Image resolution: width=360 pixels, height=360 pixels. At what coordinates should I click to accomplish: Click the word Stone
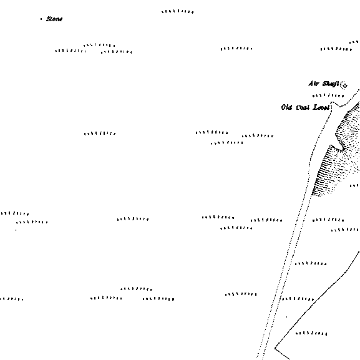pos(54,19)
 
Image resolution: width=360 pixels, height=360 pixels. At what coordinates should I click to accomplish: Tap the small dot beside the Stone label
pos(41,19)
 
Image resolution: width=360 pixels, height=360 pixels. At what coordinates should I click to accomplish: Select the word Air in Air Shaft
pos(313,84)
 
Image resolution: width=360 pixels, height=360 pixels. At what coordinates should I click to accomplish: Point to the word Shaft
pos(331,84)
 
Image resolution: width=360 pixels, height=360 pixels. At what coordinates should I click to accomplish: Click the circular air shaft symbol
pos(344,85)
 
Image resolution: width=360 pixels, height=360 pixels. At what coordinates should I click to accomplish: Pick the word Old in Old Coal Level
pos(286,107)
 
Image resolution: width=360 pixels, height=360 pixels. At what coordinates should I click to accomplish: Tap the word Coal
pos(303,107)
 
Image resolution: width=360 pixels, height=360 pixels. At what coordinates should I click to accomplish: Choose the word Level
pos(321,107)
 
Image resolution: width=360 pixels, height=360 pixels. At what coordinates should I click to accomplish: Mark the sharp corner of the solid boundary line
pos(275,348)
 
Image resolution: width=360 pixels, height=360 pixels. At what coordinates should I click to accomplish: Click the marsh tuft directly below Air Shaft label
pos(328,95)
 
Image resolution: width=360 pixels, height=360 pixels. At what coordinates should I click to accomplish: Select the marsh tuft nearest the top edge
pos(177,11)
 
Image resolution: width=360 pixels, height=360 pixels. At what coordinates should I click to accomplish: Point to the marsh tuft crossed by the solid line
pos(298,299)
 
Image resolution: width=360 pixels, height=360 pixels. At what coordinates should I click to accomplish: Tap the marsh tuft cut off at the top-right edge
pos(354,42)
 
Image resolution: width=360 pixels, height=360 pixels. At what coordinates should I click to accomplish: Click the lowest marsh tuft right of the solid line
pos(311,333)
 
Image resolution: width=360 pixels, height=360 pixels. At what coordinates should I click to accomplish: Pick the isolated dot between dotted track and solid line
pos(286,317)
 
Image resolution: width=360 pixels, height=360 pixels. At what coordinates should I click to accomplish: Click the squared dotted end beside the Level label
pos(331,103)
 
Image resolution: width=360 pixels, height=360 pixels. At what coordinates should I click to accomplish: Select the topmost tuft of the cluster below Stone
pos(99,45)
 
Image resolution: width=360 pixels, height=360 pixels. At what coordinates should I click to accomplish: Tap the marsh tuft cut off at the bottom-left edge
pos(11,299)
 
